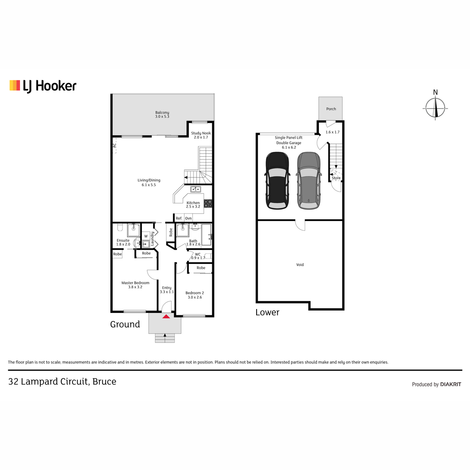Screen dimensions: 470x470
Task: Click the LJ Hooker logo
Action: click(x=43, y=86)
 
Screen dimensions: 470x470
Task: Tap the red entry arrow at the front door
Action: click(x=166, y=316)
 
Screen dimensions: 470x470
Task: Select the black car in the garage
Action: click(x=277, y=181)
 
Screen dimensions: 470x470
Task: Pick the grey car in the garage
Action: click(x=309, y=181)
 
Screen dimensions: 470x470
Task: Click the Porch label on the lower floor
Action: click(x=331, y=109)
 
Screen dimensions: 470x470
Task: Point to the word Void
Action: click(x=300, y=265)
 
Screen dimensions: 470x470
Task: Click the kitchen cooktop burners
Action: click(x=208, y=203)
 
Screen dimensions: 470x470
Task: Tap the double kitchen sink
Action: click(x=195, y=189)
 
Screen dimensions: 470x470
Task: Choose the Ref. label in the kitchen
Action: click(x=179, y=218)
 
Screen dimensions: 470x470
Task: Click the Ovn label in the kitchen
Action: click(x=188, y=218)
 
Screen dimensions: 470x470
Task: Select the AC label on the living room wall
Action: click(x=114, y=145)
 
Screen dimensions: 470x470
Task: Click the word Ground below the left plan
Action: click(x=125, y=324)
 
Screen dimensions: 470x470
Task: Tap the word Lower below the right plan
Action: click(x=268, y=312)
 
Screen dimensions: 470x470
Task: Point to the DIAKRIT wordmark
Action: click(x=451, y=384)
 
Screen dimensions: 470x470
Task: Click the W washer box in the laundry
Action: click(x=146, y=236)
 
